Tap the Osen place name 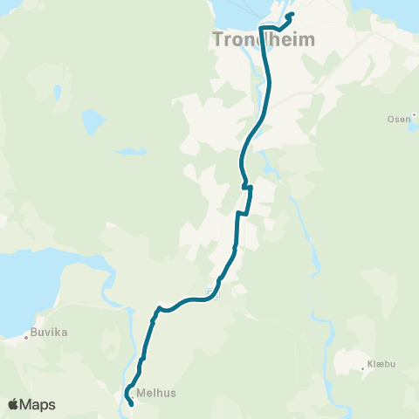(x=397, y=119)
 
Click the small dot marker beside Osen (x=411, y=119)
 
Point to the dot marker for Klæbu (x=363, y=368)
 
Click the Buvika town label (x=50, y=333)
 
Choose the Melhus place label (x=156, y=393)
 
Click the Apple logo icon (x=14, y=404)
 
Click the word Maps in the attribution (x=38, y=404)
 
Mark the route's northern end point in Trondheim (x=291, y=14)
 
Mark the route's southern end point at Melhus (x=131, y=403)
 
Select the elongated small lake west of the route (x=131, y=151)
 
